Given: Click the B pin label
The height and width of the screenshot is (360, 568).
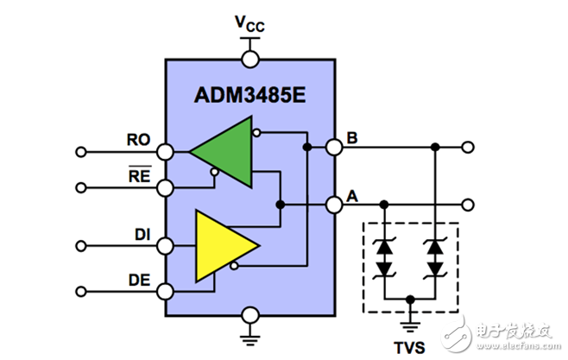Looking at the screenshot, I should [x=352, y=137].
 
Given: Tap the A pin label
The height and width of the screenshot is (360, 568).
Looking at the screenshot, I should [x=352, y=195].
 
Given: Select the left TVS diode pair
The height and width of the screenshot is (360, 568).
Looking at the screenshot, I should [x=384, y=256].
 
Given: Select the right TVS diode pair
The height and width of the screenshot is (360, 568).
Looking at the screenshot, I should [x=434, y=256].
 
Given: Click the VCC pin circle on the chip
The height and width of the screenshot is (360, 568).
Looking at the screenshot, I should [x=250, y=59].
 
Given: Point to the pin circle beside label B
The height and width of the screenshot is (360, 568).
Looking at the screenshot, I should [x=334, y=148].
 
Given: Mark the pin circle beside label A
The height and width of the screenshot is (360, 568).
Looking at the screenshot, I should [x=334, y=205].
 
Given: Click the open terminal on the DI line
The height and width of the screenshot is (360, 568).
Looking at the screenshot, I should [x=81, y=243].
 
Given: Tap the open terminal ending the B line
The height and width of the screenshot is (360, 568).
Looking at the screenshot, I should [x=468, y=148].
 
